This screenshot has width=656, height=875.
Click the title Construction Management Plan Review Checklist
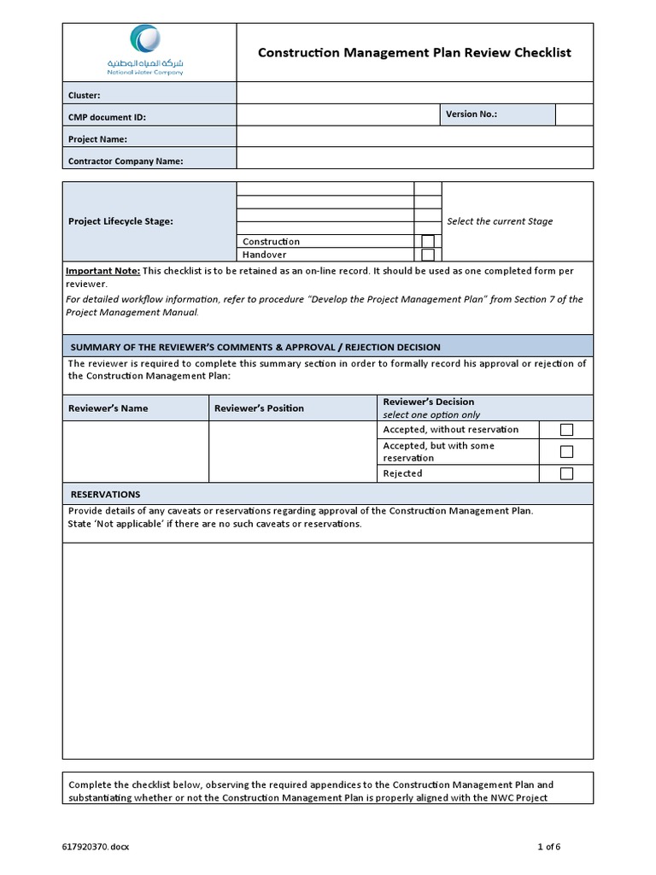(414, 53)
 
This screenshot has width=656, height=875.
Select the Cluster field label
(84, 96)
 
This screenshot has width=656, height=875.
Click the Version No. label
(471, 115)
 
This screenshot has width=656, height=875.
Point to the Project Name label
(97, 138)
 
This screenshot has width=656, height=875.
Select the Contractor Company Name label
(126, 161)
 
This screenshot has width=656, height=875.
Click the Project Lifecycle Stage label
(120, 221)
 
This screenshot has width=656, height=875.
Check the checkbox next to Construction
(428, 242)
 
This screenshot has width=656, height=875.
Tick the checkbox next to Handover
(428, 255)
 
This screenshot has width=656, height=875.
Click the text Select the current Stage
(500, 221)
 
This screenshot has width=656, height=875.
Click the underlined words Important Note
(102, 271)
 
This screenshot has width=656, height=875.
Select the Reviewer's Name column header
(108, 408)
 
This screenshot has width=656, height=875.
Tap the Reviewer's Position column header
(259, 408)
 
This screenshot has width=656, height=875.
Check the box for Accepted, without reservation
(565, 430)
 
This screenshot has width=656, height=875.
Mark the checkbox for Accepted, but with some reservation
(565, 452)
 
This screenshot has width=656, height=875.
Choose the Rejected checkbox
(565, 473)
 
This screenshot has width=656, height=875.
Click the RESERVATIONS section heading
(105, 495)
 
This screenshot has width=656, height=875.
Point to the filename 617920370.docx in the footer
(96, 847)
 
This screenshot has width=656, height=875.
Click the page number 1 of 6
(548, 847)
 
